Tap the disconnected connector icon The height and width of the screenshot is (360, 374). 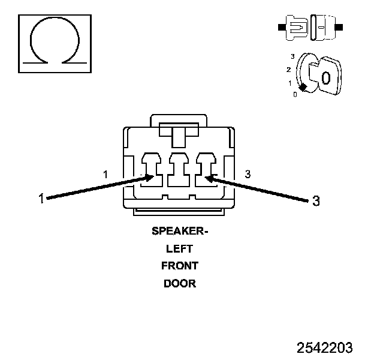[x=310, y=28]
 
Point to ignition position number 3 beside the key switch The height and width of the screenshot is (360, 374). [x=292, y=56]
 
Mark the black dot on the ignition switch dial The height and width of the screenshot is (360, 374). [x=303, y=88]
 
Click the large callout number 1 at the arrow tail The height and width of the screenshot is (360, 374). [x=41, y=199]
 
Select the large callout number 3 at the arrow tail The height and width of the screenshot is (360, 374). [x=316, y=201]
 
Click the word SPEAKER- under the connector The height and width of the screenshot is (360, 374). [x=180, y=232]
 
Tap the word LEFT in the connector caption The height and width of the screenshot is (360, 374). [x=180, y=248]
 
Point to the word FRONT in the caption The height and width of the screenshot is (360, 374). [x=180, y=266]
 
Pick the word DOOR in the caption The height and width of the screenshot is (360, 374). [x=180, y=283]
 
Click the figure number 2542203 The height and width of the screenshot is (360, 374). [x=325, y=347]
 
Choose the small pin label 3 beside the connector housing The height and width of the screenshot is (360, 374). [x=248, y=175]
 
